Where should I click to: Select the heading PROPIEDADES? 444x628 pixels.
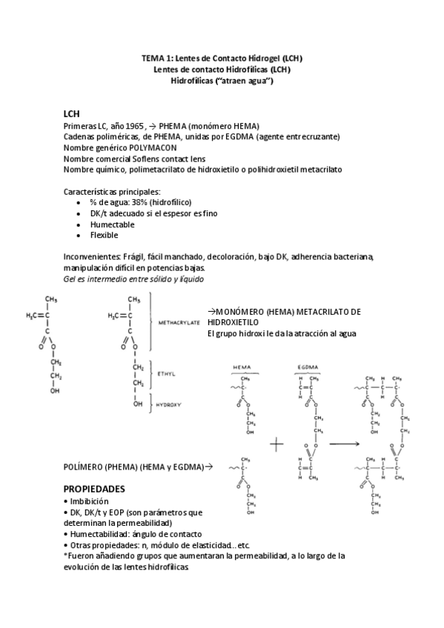[94, 490]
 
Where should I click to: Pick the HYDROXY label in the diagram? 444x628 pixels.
[170, 406]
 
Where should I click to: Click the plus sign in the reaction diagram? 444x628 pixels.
[277, 444]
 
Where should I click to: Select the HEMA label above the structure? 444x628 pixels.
[242, 367]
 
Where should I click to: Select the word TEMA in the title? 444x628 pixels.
[153, 58]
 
